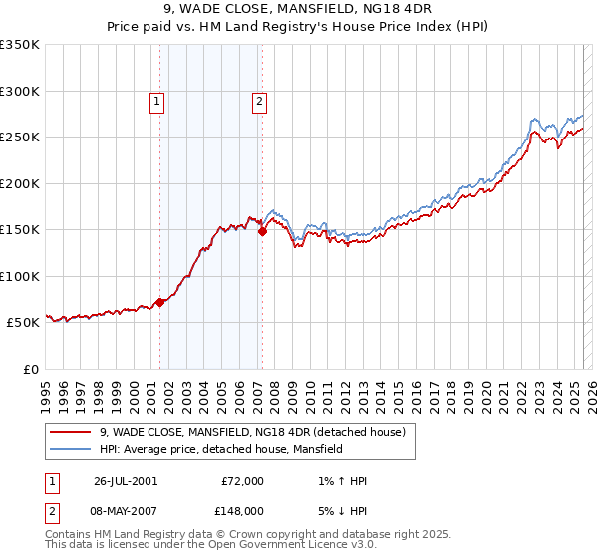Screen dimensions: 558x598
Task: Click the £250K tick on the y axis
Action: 20,138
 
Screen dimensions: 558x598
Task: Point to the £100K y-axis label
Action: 20,276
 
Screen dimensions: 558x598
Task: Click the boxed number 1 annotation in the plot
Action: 158,100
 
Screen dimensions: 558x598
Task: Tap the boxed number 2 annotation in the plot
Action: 259,100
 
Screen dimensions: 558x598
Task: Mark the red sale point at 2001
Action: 160,302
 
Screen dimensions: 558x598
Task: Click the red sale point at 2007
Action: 262,232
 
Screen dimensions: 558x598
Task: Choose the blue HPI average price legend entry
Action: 220,449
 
